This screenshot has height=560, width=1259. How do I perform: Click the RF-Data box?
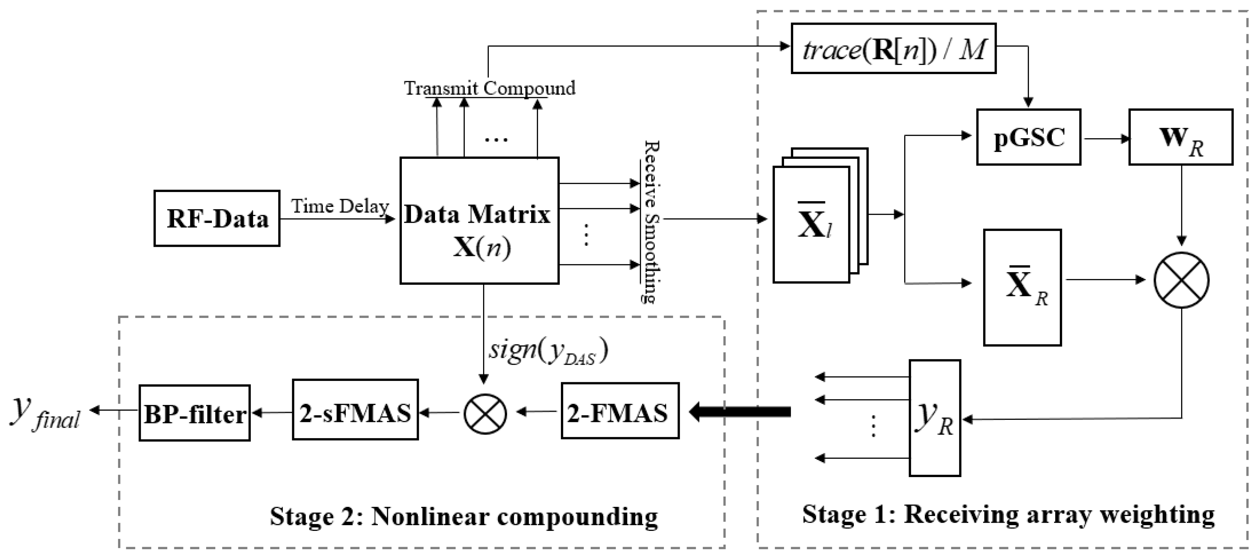click(x=217, y=218)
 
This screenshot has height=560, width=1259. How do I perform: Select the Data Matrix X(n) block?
click(x=479, y=220)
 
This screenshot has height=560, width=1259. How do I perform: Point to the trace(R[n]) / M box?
click(x=893, y=49)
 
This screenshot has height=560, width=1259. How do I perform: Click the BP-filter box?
click(x=195, y=413)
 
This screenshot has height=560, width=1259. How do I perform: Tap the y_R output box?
click(x=934, y=418)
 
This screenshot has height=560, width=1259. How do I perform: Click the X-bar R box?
click(x=1022, y=287)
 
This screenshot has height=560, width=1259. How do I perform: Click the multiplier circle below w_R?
click(x=1181, y=280)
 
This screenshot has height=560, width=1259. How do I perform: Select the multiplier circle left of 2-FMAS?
click(x=485, y=413)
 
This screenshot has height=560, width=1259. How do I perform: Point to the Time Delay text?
click(x=340, y=206)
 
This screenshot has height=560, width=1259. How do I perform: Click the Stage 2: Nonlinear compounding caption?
click(x=463, y=516)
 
